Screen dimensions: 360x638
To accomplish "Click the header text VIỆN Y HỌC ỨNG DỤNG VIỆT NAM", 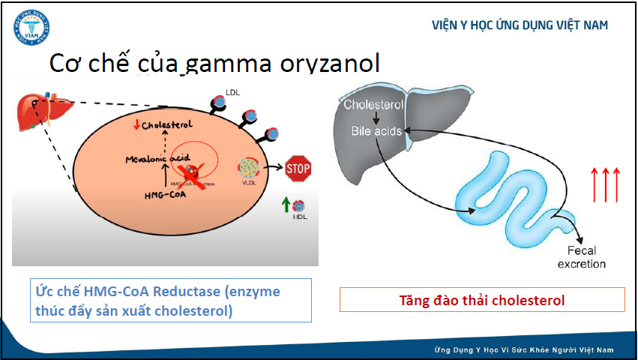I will coord(520,25).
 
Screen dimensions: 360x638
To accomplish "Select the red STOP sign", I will coord(298,169).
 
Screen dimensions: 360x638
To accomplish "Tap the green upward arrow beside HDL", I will coord(285,204).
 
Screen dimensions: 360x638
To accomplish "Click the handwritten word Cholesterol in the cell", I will coord(167,124).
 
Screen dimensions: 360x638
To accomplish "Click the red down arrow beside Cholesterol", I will coord(136,124).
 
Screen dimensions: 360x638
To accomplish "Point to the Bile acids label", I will coord(376,130).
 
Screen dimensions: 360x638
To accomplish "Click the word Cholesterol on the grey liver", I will coord(374,105).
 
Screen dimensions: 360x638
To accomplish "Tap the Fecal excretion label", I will coord(586,258).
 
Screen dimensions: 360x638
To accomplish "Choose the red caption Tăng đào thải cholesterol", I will coord(482,301).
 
